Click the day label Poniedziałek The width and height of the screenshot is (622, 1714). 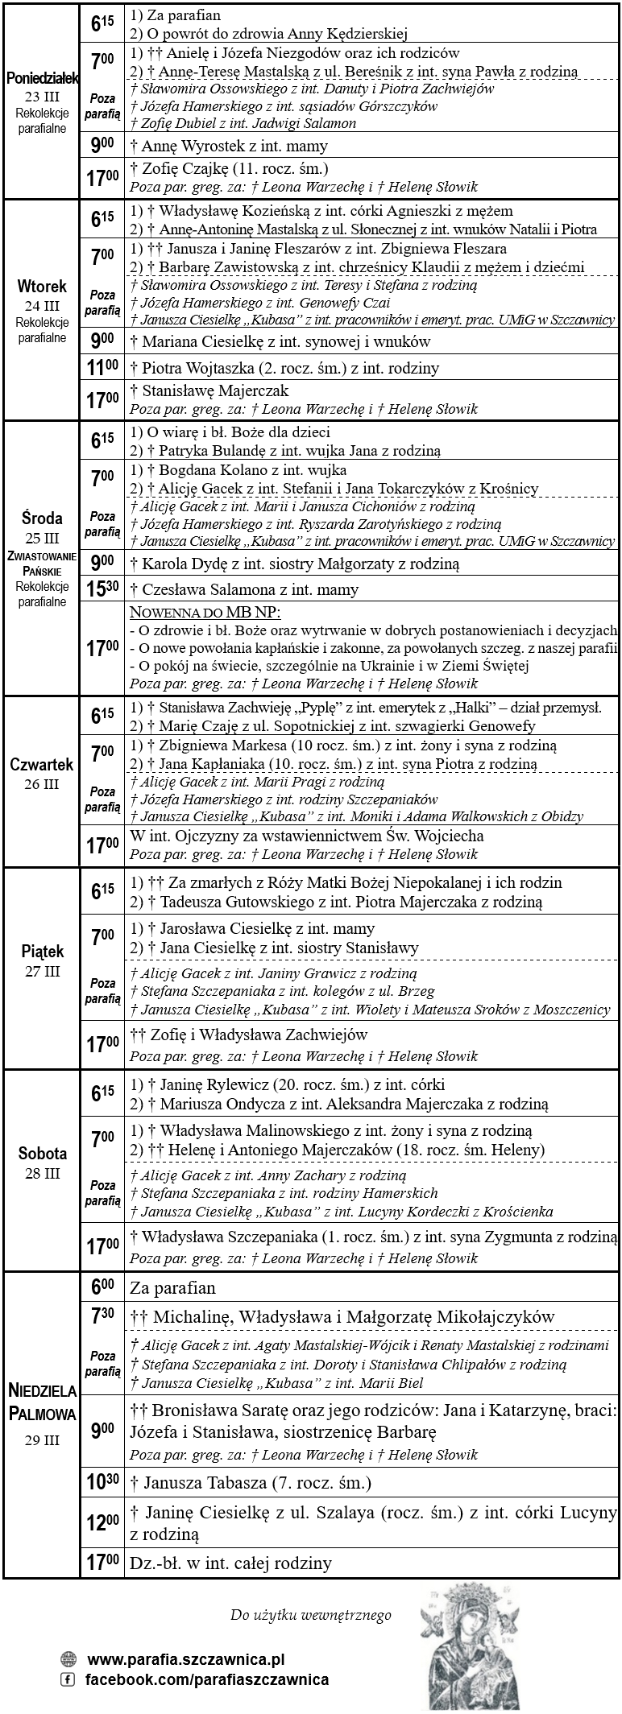point(42,78)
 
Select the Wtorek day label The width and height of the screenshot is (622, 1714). point(42,287)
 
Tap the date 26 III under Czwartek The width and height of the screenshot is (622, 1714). point(42,784)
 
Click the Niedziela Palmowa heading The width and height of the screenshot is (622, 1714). point(42,1402)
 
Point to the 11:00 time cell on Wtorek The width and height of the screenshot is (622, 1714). point(102,368)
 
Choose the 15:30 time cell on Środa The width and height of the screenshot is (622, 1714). point(102,589)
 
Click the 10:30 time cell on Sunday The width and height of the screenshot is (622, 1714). point(102,1482)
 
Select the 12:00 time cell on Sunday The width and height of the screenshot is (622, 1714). point(102,1522)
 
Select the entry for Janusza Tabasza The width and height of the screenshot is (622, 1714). point(251,1482)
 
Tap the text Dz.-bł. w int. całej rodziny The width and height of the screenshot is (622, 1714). point(230,1563)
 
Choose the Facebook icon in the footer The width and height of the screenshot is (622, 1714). point(68,1679)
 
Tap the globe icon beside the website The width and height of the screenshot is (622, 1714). point(68,1659)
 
